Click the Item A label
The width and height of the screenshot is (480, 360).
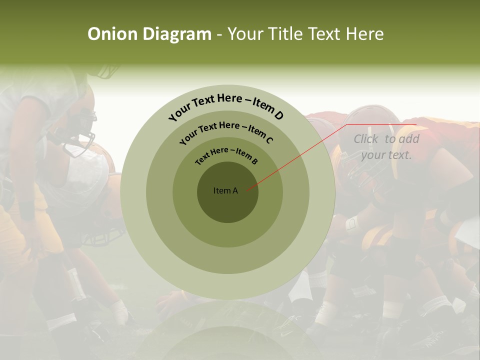225,190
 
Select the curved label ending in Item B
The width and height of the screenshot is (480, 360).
226,154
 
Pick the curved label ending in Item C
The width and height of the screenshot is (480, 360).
226,131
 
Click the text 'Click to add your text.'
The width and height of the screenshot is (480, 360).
386,147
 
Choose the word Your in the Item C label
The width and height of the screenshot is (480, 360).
188,136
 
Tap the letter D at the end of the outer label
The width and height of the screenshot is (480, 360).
279,116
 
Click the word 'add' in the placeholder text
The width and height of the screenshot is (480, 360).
408,139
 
